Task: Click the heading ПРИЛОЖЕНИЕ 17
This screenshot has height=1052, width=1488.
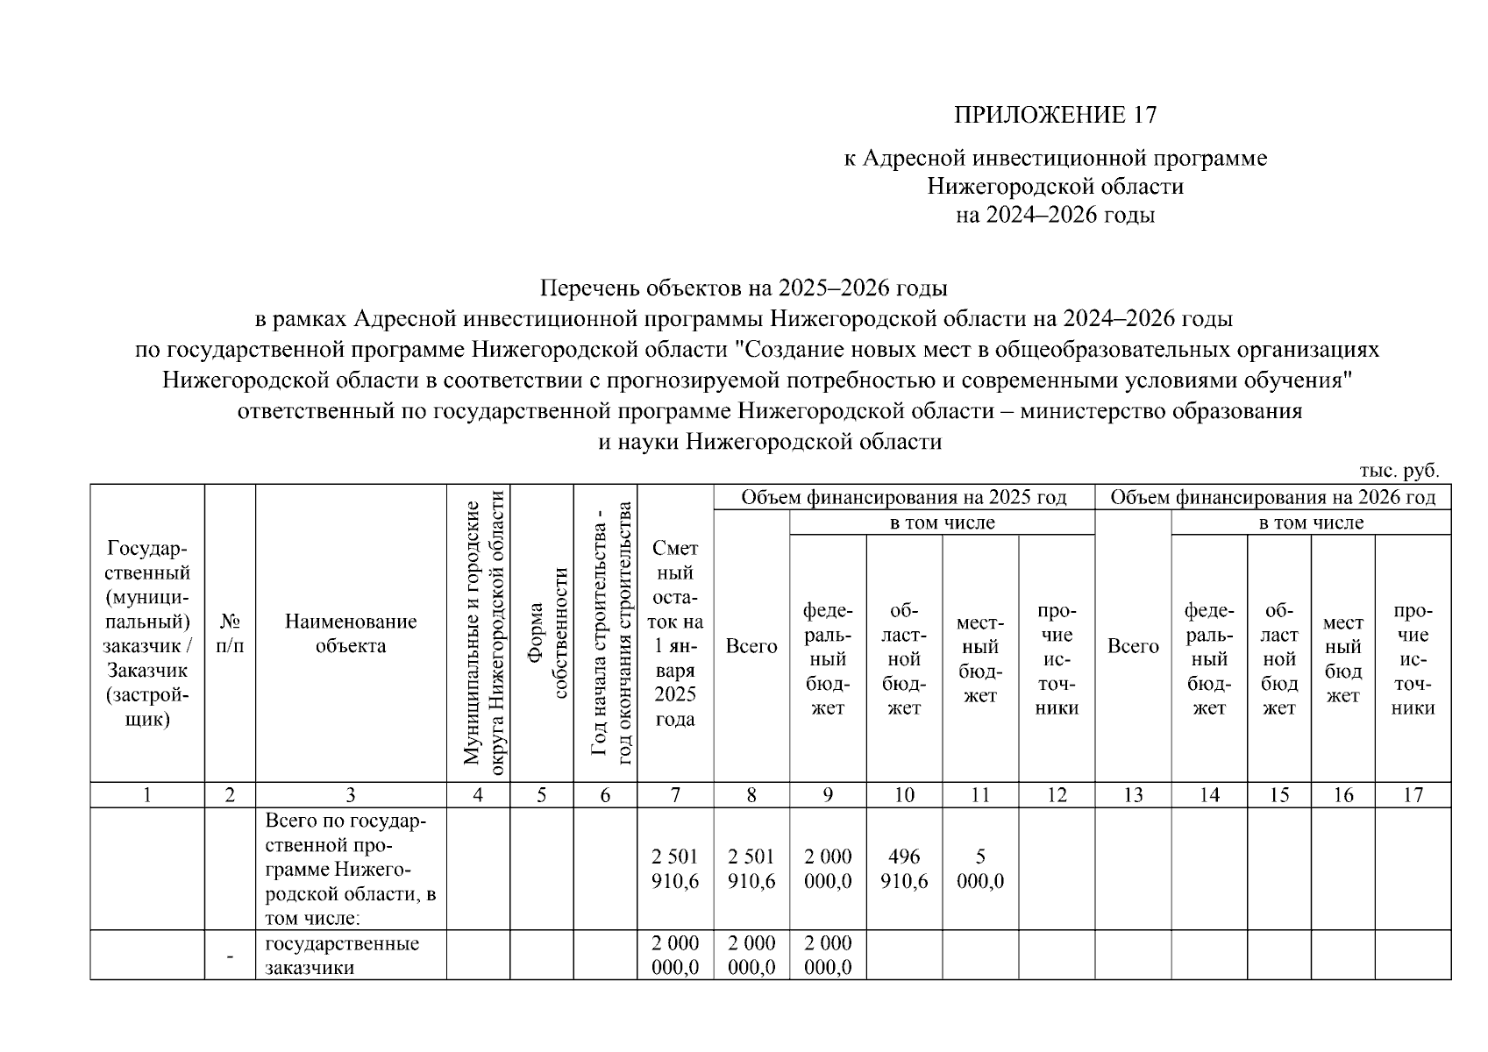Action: coord(1055,115)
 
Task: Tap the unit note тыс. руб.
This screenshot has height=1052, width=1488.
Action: coord(1399,471)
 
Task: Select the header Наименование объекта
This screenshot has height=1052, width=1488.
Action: coord(351,634)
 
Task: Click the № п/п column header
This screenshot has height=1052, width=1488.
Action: coord(230,634)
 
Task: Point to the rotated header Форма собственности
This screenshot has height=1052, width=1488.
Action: coord(541,634)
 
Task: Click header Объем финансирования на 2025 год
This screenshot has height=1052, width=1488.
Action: coord(903,498)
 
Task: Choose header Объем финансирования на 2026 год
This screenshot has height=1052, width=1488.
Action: coord(1272,498)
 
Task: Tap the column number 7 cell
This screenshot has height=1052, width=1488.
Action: coord(674,795)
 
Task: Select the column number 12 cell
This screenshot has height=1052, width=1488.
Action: coord(1057,795)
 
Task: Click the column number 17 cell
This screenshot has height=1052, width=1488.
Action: coord(1413,795)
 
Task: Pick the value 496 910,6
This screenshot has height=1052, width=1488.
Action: coord(904,869)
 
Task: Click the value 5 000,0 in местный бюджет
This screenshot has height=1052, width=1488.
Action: coord(980,869)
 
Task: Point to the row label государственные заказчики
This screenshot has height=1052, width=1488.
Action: coord(342,956)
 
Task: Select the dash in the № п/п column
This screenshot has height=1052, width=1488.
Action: coord(230,956)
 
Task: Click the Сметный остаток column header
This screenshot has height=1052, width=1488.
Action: coord(674,634)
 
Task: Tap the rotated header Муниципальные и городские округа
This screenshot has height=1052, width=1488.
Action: coord(478,634)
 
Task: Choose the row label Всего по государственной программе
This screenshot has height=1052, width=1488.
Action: coord(351,869)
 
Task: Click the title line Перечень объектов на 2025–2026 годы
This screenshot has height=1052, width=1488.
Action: coord(744,288)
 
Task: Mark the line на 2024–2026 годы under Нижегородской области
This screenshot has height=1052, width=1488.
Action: coord(1055,216)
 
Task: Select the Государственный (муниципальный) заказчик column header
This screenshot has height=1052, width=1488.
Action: coord(147,634)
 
